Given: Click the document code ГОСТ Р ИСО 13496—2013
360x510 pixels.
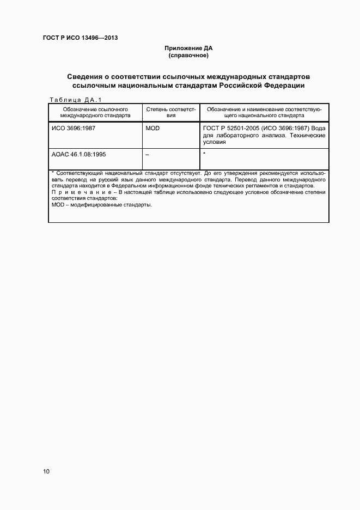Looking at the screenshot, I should pos(80,38).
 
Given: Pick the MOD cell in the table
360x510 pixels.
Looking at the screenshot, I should pos(152,128).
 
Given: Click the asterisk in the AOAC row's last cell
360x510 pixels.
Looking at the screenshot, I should pos(204,154).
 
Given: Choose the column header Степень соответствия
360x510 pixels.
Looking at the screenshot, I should pos(170,112).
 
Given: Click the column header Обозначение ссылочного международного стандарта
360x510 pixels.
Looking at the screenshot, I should pos(95,112).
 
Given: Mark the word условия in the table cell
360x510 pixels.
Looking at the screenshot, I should pos(213,142).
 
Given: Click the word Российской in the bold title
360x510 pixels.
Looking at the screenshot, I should pos(235,86).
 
